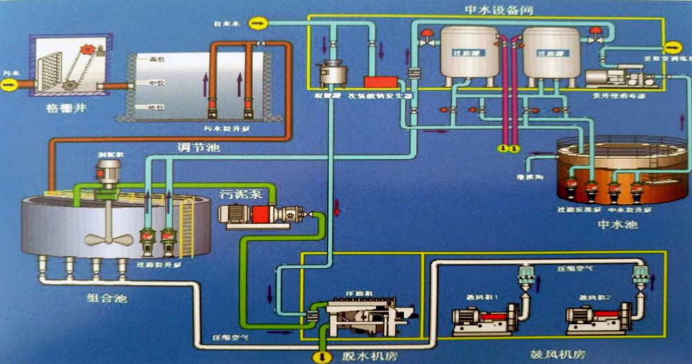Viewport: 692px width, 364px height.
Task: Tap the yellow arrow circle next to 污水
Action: tap(8, 84)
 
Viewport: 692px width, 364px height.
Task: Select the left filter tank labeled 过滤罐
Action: tap(468, 52)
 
